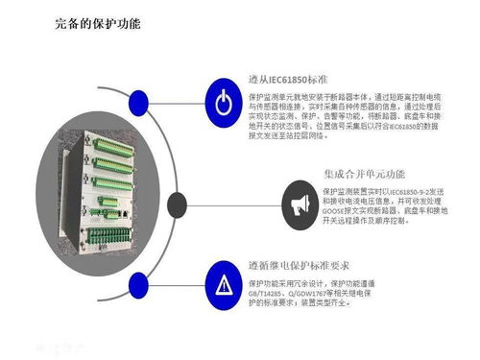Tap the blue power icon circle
(x=223, y=101)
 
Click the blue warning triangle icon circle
(x=223, y=284)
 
